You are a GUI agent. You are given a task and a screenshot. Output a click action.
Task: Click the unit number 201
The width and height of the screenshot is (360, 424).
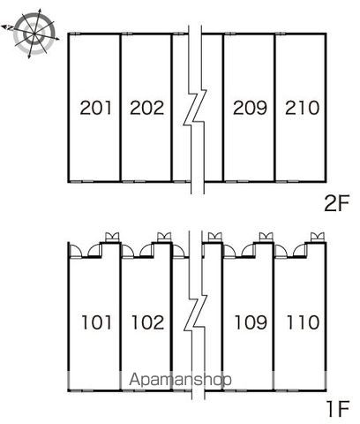[x=96, y=108]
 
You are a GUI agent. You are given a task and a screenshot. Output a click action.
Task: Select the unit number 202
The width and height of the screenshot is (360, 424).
[x=146, y=108]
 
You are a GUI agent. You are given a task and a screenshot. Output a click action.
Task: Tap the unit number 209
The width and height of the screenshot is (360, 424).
[x=250, y=108]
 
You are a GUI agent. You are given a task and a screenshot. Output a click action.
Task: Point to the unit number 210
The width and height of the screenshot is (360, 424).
[x=302, y=108]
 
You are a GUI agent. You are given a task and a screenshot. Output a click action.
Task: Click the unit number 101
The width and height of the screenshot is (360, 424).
[x=96, y=322]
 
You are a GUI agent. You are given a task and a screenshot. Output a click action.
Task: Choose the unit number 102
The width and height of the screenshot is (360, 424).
[x=147, y=322]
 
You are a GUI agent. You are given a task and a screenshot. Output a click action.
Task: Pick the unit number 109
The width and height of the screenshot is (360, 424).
[x=251, y=322]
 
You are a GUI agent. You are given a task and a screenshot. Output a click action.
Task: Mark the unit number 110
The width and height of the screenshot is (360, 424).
[x=303, y=322]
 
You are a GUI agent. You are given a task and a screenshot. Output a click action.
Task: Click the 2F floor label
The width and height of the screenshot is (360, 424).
[x=336, y=203]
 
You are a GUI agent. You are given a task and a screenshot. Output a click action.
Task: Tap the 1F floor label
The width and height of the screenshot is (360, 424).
[x=338, y=409]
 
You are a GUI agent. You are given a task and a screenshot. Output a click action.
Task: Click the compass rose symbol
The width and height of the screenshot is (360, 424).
[x=33, y=33]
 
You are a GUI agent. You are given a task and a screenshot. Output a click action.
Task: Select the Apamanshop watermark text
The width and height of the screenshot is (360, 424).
[x=180, y=380]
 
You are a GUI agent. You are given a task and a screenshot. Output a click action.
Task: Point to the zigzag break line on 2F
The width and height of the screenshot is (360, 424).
[x=195, y=110]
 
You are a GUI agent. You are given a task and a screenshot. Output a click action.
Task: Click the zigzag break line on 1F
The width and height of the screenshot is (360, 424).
[x=196, y=315]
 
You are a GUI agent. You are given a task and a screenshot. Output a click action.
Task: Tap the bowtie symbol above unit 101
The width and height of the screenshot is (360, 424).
[x=112, y=237]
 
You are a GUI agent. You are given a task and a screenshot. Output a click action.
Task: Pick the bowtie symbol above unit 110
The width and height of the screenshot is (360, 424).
[x=318, y=237]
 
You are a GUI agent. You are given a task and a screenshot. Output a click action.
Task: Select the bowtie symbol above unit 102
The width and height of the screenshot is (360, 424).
[x=164, y=237]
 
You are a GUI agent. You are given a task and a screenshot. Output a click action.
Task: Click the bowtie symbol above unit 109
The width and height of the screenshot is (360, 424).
[x=266, y=237]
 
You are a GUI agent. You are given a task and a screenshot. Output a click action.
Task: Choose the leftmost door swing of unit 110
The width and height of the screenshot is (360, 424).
[x=281, y=250]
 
